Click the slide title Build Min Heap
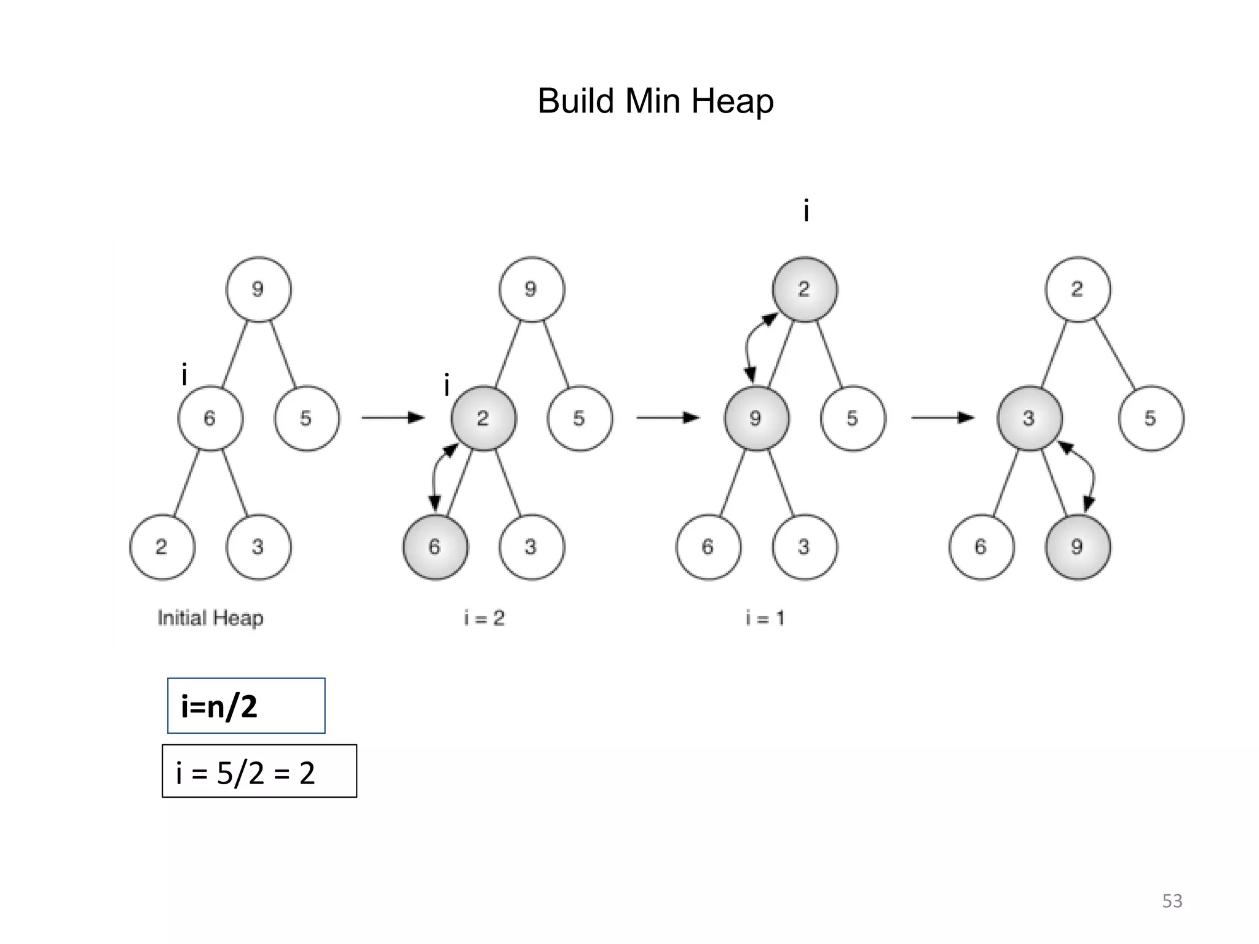[x=655, y=101]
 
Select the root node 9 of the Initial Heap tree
[x=258, y=289]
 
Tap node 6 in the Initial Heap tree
[x=210, y=419]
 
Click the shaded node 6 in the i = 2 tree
[x=435, y=547]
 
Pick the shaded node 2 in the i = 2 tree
[x=483, y=419]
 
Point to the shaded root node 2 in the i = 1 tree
[x=804, y=289]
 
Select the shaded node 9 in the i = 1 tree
[x=756, y=419]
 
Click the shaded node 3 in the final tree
[x=1029, y=419]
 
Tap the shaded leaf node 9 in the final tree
[x=1077, y=547]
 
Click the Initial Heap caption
[x=210, y=618]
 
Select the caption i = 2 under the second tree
[x=484, y=618]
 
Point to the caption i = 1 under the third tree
[x=765, y=618]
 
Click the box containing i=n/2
[x=246, y=706]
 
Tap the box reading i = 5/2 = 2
[x=259, y=771]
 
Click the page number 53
[x=1172, y=901]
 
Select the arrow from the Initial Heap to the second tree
[x=393, y=418]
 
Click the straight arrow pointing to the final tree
[x=942, y=418]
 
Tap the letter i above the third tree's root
[x=806, y=212]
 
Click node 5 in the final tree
[x=1150, y=419]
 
